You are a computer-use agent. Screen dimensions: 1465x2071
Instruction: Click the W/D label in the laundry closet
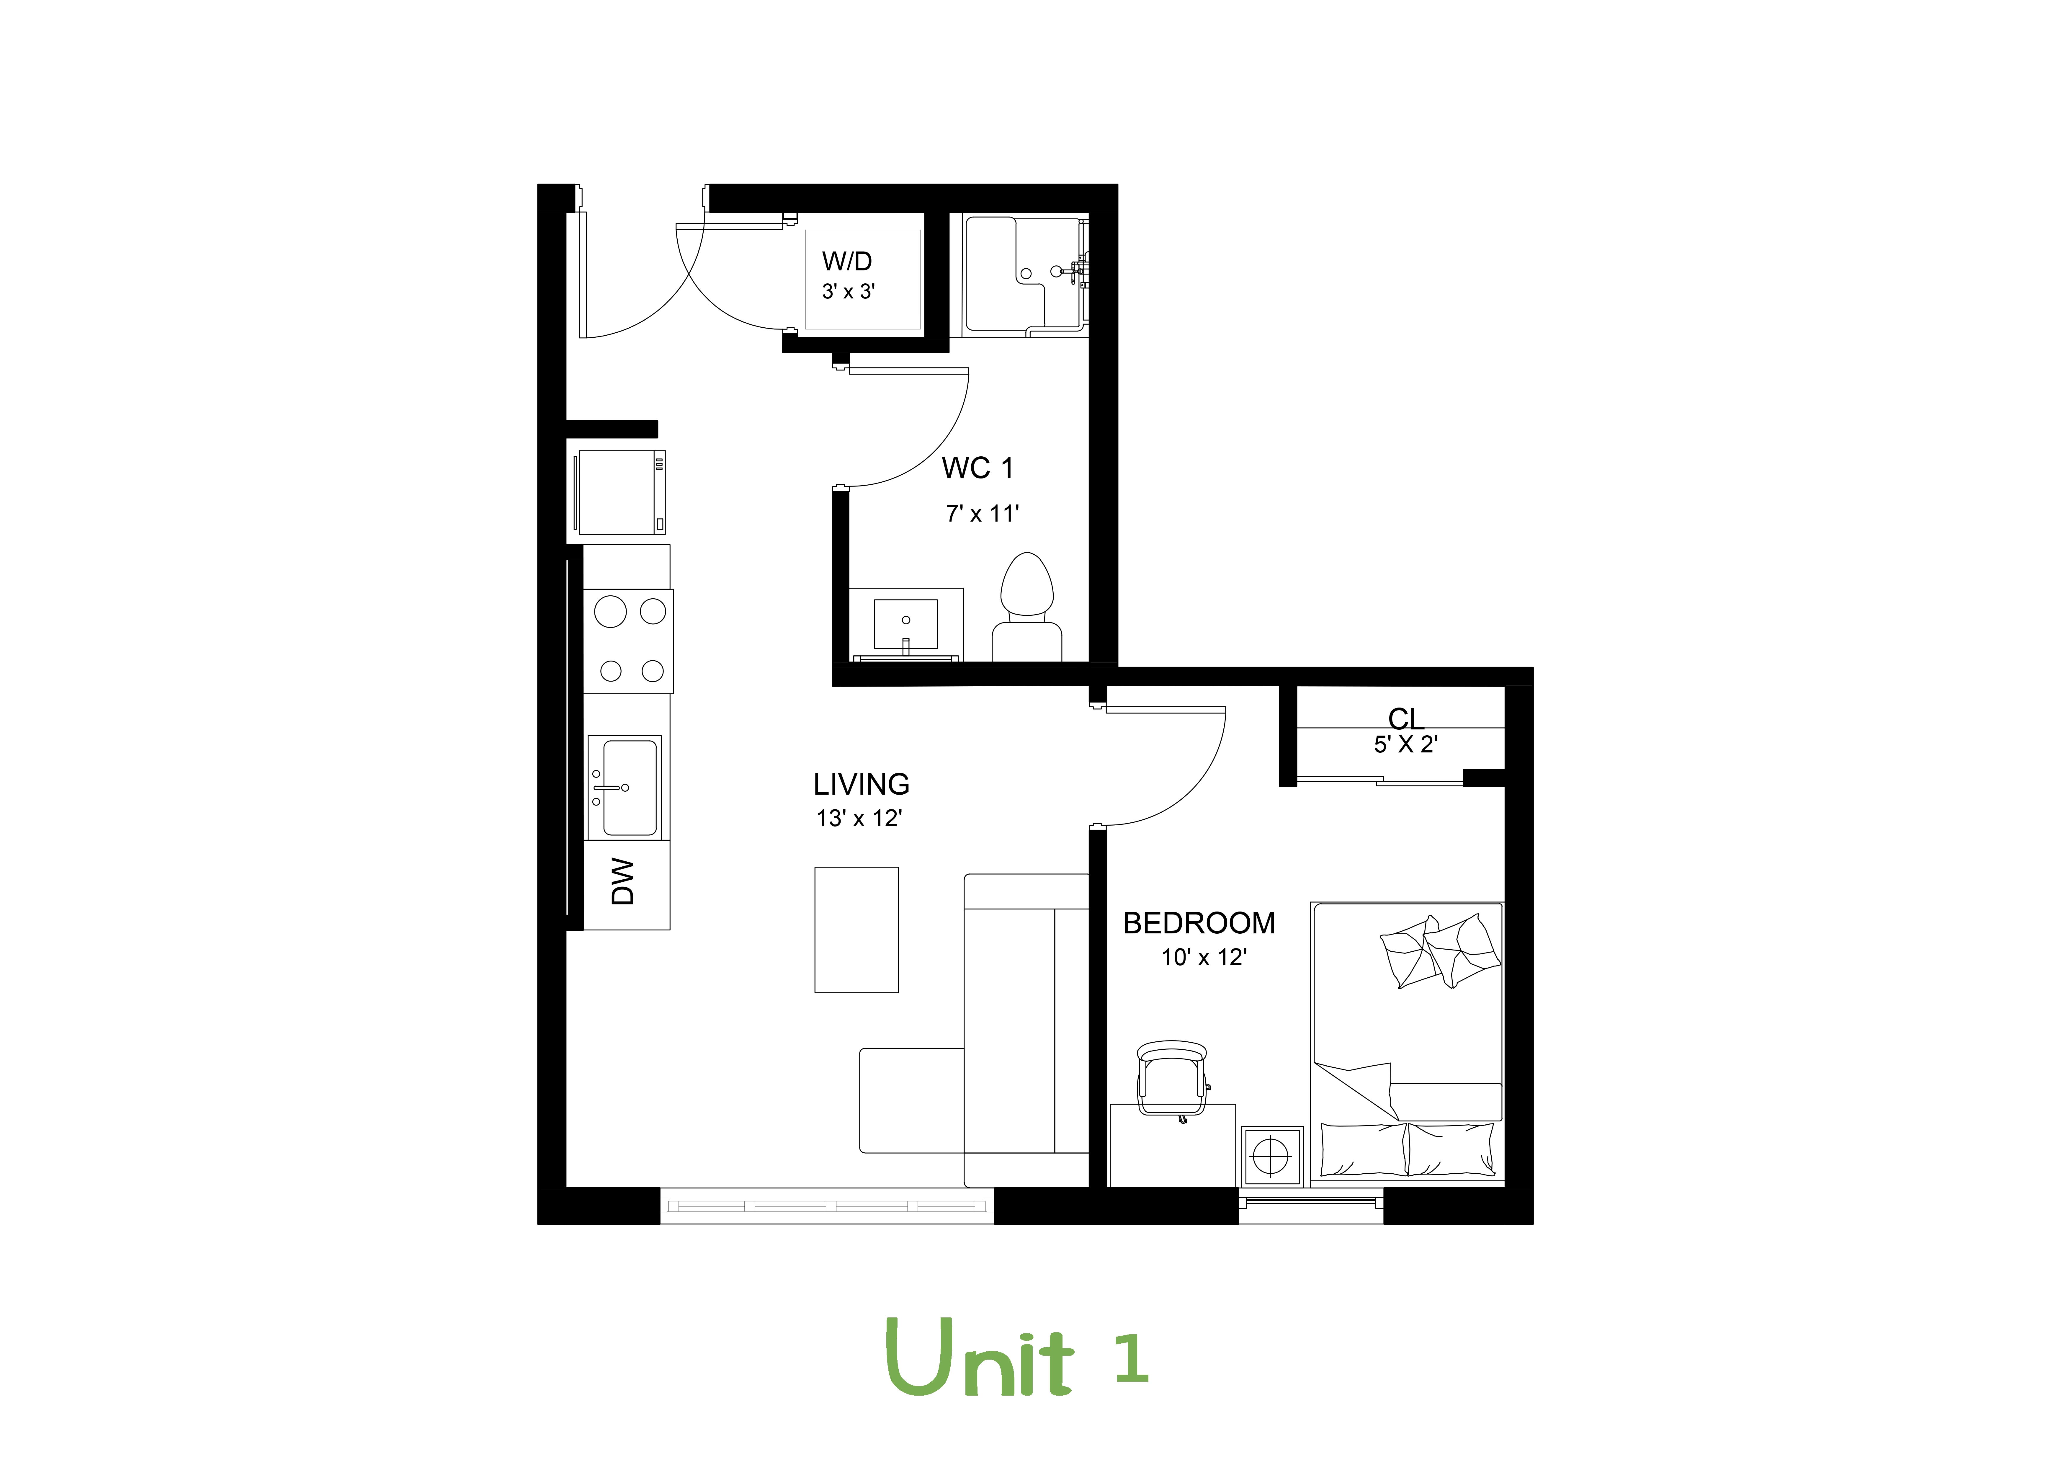(x=846, y=262)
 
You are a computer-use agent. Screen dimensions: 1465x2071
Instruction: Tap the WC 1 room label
(x=977, y=468)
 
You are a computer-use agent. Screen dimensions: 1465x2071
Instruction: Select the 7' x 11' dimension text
(x=981, y=514)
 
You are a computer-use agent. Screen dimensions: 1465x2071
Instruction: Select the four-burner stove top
(x=628, y=641)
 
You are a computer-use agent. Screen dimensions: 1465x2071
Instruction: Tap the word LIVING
(x=861, y=785)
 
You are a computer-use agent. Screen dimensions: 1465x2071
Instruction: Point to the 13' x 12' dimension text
(x=859, y=818)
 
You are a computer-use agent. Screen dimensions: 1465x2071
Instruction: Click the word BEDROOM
(x=1199, y=924)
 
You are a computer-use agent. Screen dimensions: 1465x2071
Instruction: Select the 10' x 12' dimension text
(x=1203, y=957)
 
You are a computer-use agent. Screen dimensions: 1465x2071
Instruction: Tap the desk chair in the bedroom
(x=1172, y=1078)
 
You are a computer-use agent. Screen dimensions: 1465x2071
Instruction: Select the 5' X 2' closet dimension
(x=1405, y=745)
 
